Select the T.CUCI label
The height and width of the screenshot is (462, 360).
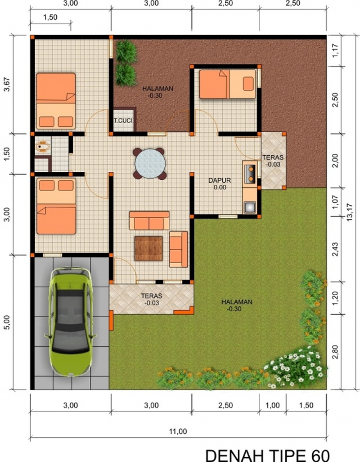pyautogui.click(x=123, y=121)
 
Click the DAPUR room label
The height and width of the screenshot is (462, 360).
pyautogui.click(x=220, y=180)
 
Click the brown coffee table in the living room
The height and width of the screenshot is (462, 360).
pyautogui.click(x=148, y=248)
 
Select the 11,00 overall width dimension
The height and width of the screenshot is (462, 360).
pyautogui.click(x=178, y=431)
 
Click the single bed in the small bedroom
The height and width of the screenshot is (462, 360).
pyautogui.click(x=227, y=84)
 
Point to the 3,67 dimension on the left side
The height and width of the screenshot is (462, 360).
pyautogui.click(x=7, y=84)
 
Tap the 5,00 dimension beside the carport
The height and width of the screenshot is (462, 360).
pyautogui.click(x=7, y=323)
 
